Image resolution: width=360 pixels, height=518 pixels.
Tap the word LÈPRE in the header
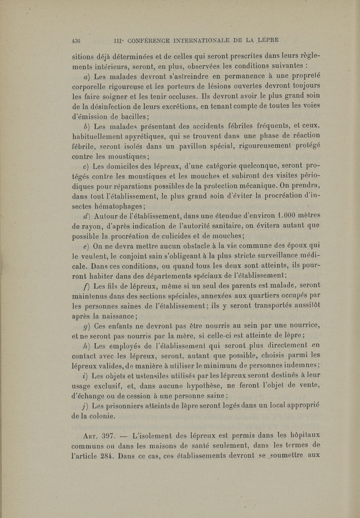pyautogui.click(x=265, y=39)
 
